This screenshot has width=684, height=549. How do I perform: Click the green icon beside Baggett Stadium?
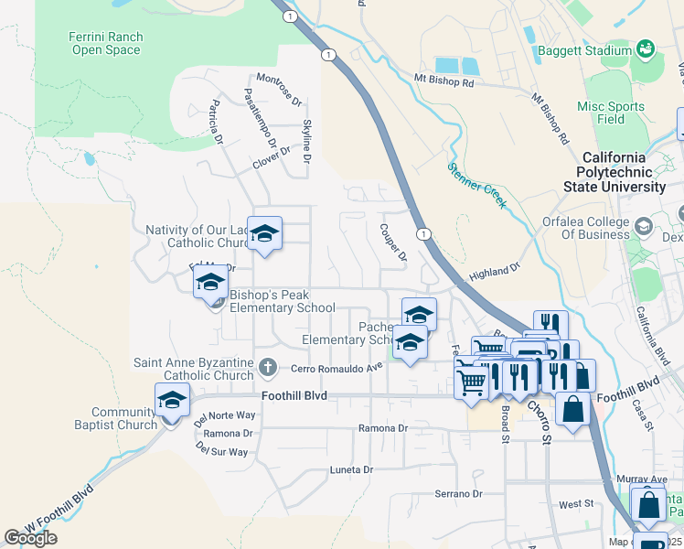coord(646,48)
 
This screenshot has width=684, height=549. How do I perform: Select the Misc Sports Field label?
coord(611,113)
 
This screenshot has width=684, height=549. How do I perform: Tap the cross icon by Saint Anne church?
coord(267,367)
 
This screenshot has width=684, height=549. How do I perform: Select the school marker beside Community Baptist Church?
coord(172,401)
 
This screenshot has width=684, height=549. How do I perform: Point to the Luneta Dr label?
coord(351,469)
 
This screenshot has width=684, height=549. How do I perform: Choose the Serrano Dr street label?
coord(457,494)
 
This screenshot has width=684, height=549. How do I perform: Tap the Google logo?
coord(31,538)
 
